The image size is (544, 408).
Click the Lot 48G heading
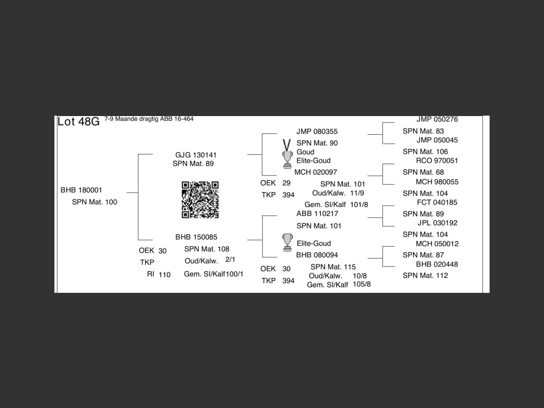pyautogui.click(x=79, y=122)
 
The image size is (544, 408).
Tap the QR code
pyautogui.click(x=200, y=200)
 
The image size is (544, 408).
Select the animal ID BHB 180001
pyautogui.click(x=81, y=190)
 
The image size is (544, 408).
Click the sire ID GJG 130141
pyautogui.click(x=196, y=155)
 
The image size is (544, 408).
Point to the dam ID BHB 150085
pyautogui.click(x=196, y=237)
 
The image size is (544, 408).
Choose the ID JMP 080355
pyautogui.click(x=317, y=131)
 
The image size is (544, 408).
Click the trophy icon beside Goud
pyautogui.click(x=288, y=158)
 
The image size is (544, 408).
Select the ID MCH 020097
pyautogui.click(x=316, y=172)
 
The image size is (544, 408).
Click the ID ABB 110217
pyautogui.click(x=317, y=213)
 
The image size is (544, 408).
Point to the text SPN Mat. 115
pyautogui.click(x=333, y=267)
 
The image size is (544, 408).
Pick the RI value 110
pyautogui.click(x=164, y=275)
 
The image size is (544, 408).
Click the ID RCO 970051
pyautogui.click(x=437, y=160)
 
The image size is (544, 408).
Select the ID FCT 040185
pyautogui.click(x=437, y=202)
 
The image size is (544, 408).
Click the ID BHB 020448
pyautogui.click(x=437, y=264)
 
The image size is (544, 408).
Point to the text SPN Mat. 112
pyautogui.click(x=425, y=275)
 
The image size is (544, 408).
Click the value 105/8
pyautogui.click(x=362, y=284)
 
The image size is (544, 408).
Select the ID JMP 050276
pyautogui.click(x=437, y=119)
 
